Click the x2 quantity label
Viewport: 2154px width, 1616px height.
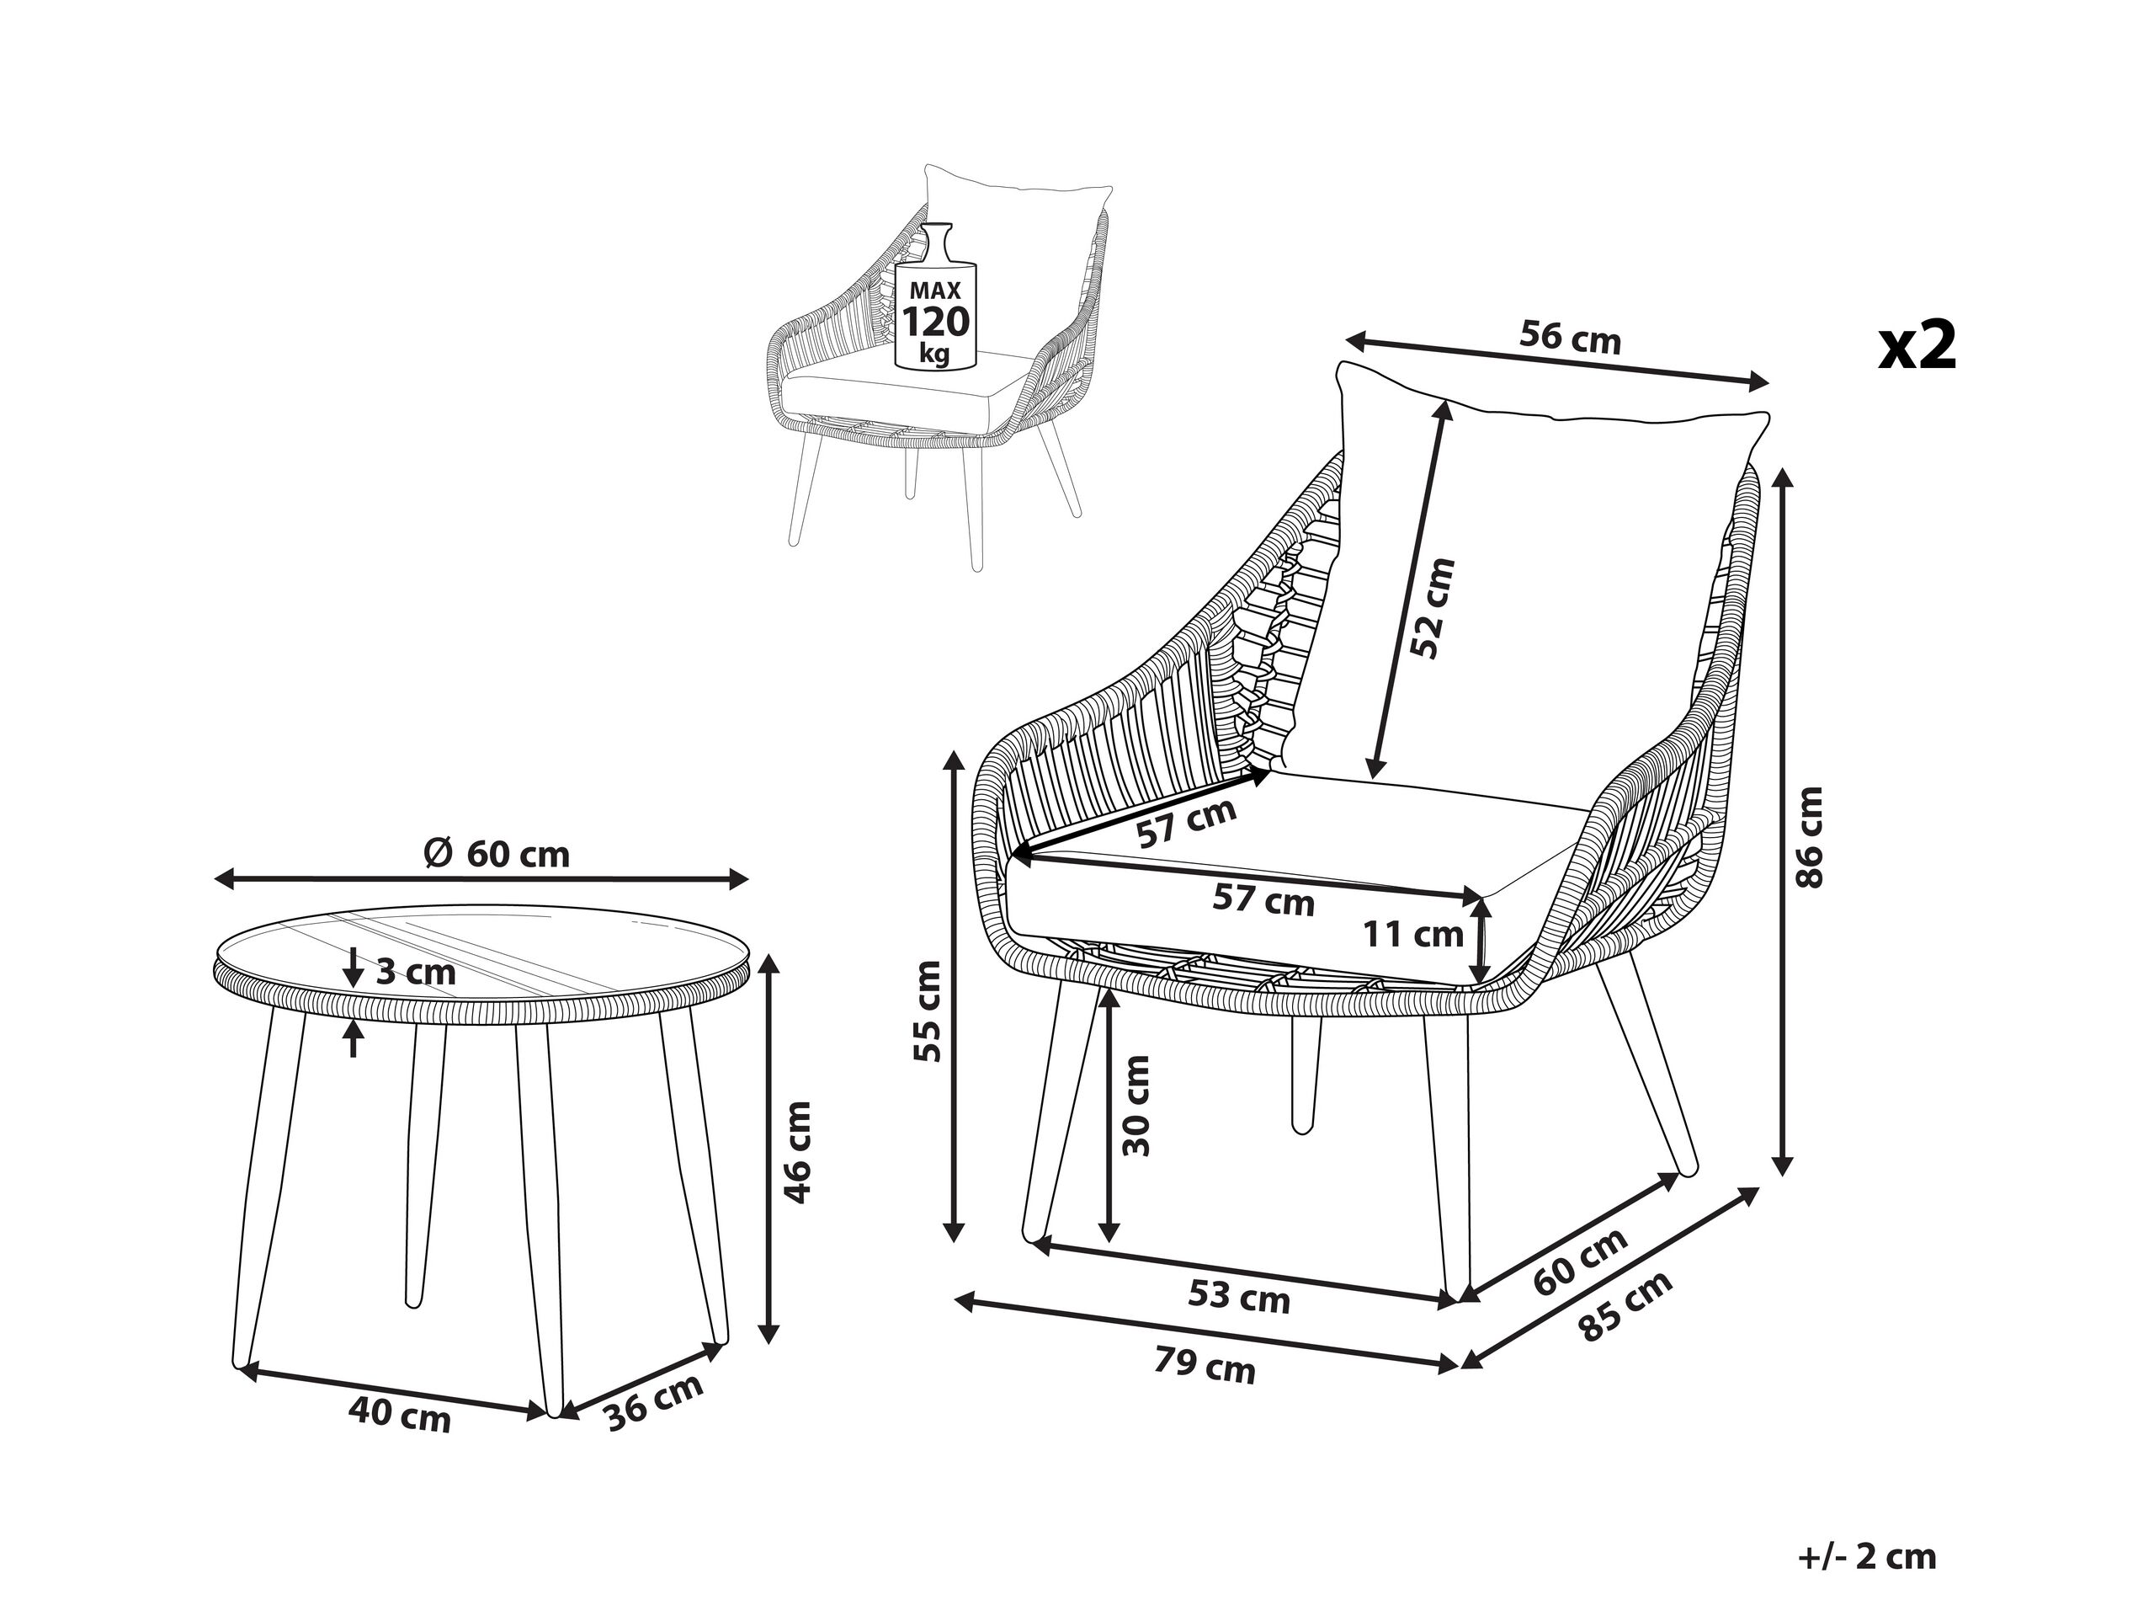(1917, 347)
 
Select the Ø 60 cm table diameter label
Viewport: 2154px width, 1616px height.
(497, 854)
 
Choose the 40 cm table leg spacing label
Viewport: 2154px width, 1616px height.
(399, 1416)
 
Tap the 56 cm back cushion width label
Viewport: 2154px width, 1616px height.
(1570, 337)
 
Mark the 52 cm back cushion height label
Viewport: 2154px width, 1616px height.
(1434, 609)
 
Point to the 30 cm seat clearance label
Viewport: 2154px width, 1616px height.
(1136, 1106)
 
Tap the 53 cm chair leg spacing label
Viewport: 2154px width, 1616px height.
(1239, 1297)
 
